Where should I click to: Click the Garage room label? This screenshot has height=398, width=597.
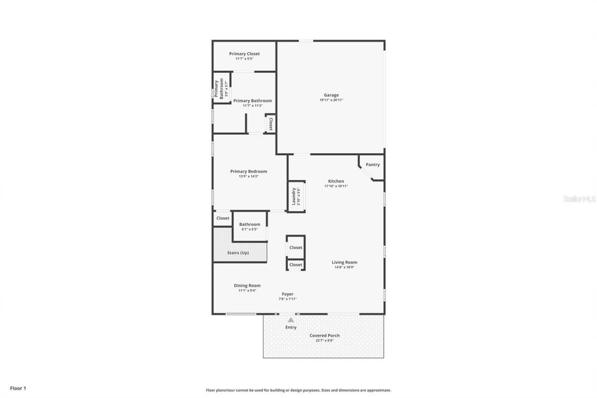pyautogui.click(x=331, y=95)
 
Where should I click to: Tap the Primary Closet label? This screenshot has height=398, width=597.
pyautogui.click(x=244, y=54)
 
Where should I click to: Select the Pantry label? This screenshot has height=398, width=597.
pyautogui.click(x=372, y=165)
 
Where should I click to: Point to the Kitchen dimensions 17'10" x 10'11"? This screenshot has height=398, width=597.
pyautogui.click(x=336, y=186)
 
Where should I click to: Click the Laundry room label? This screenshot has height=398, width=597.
pyautogui.click(x=294, y=196)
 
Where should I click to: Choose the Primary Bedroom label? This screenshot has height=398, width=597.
pyautogui.click(x=249, y=171)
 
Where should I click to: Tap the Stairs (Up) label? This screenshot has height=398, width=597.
pyautogui.click(x=238, y=253)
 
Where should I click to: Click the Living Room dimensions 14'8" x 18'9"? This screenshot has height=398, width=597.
pyautogui.click(x=344, y=267)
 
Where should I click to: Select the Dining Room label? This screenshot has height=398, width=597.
pyautogui.click(x=247, y=286)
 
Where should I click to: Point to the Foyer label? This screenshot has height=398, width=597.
pyautogui.click(x=287, y=294)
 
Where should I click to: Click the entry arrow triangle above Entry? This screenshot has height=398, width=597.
pyautogui.click(x=291, y=320)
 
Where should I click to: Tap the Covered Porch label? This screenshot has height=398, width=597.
pyautogui.click(x=324, y=335)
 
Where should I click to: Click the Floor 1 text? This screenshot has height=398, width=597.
pyautogui.click(x=18, y=388)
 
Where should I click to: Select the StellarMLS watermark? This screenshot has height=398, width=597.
pyautogui.click(x=579, y=199)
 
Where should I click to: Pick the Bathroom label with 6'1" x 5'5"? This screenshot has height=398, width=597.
pyautogui.click(x=250, y=224)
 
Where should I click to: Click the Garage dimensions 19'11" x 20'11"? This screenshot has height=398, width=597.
pyautogui.click(x=331, y=100)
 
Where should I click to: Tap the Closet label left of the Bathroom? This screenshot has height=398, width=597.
pyautogui.click(x=222, y=218)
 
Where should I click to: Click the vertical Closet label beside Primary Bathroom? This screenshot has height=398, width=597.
pyautogui.click(x=271, y=124)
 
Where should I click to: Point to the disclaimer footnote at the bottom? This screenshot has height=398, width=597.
pyautogui.click(x=298, y=390)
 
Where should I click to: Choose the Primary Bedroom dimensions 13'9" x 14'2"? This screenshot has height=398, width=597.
pyautogui.click(x=248, y=176)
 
